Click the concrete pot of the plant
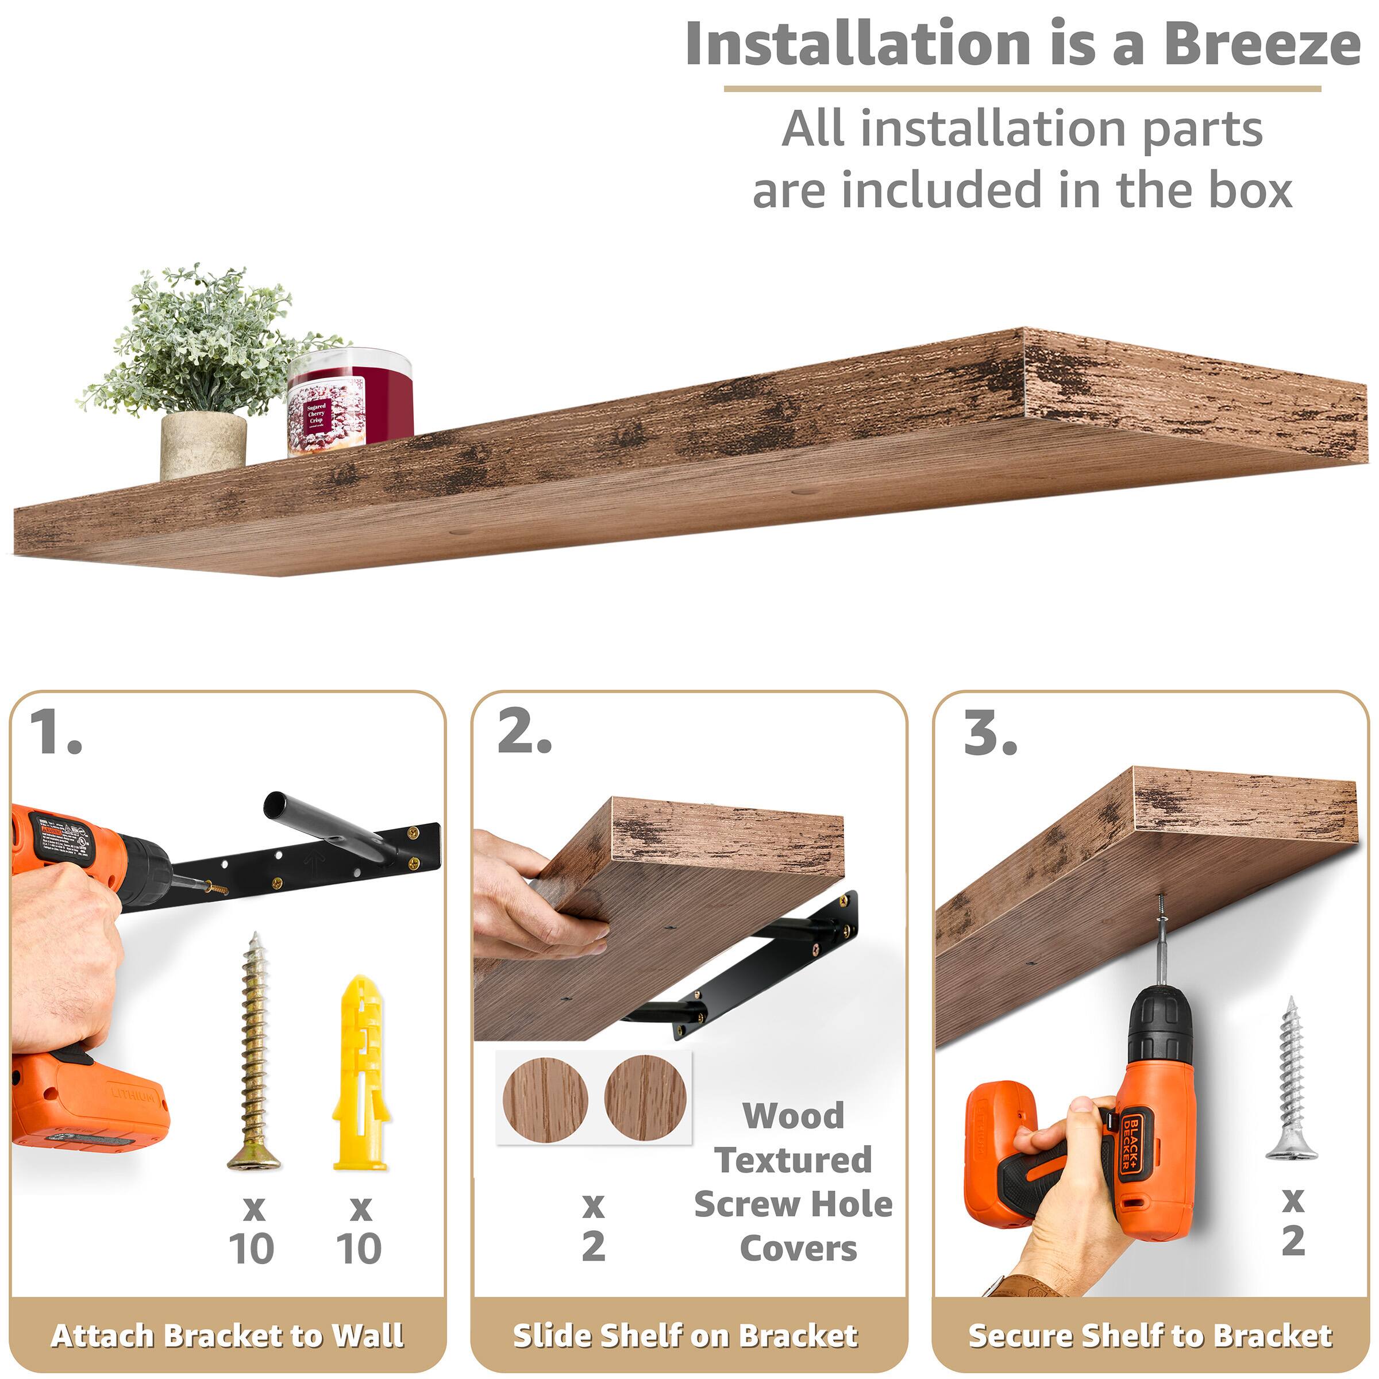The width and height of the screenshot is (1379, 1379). coord(203,444)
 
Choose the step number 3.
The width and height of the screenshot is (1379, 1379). coord(990,733)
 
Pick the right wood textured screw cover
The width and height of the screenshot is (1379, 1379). coord(645,1097)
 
